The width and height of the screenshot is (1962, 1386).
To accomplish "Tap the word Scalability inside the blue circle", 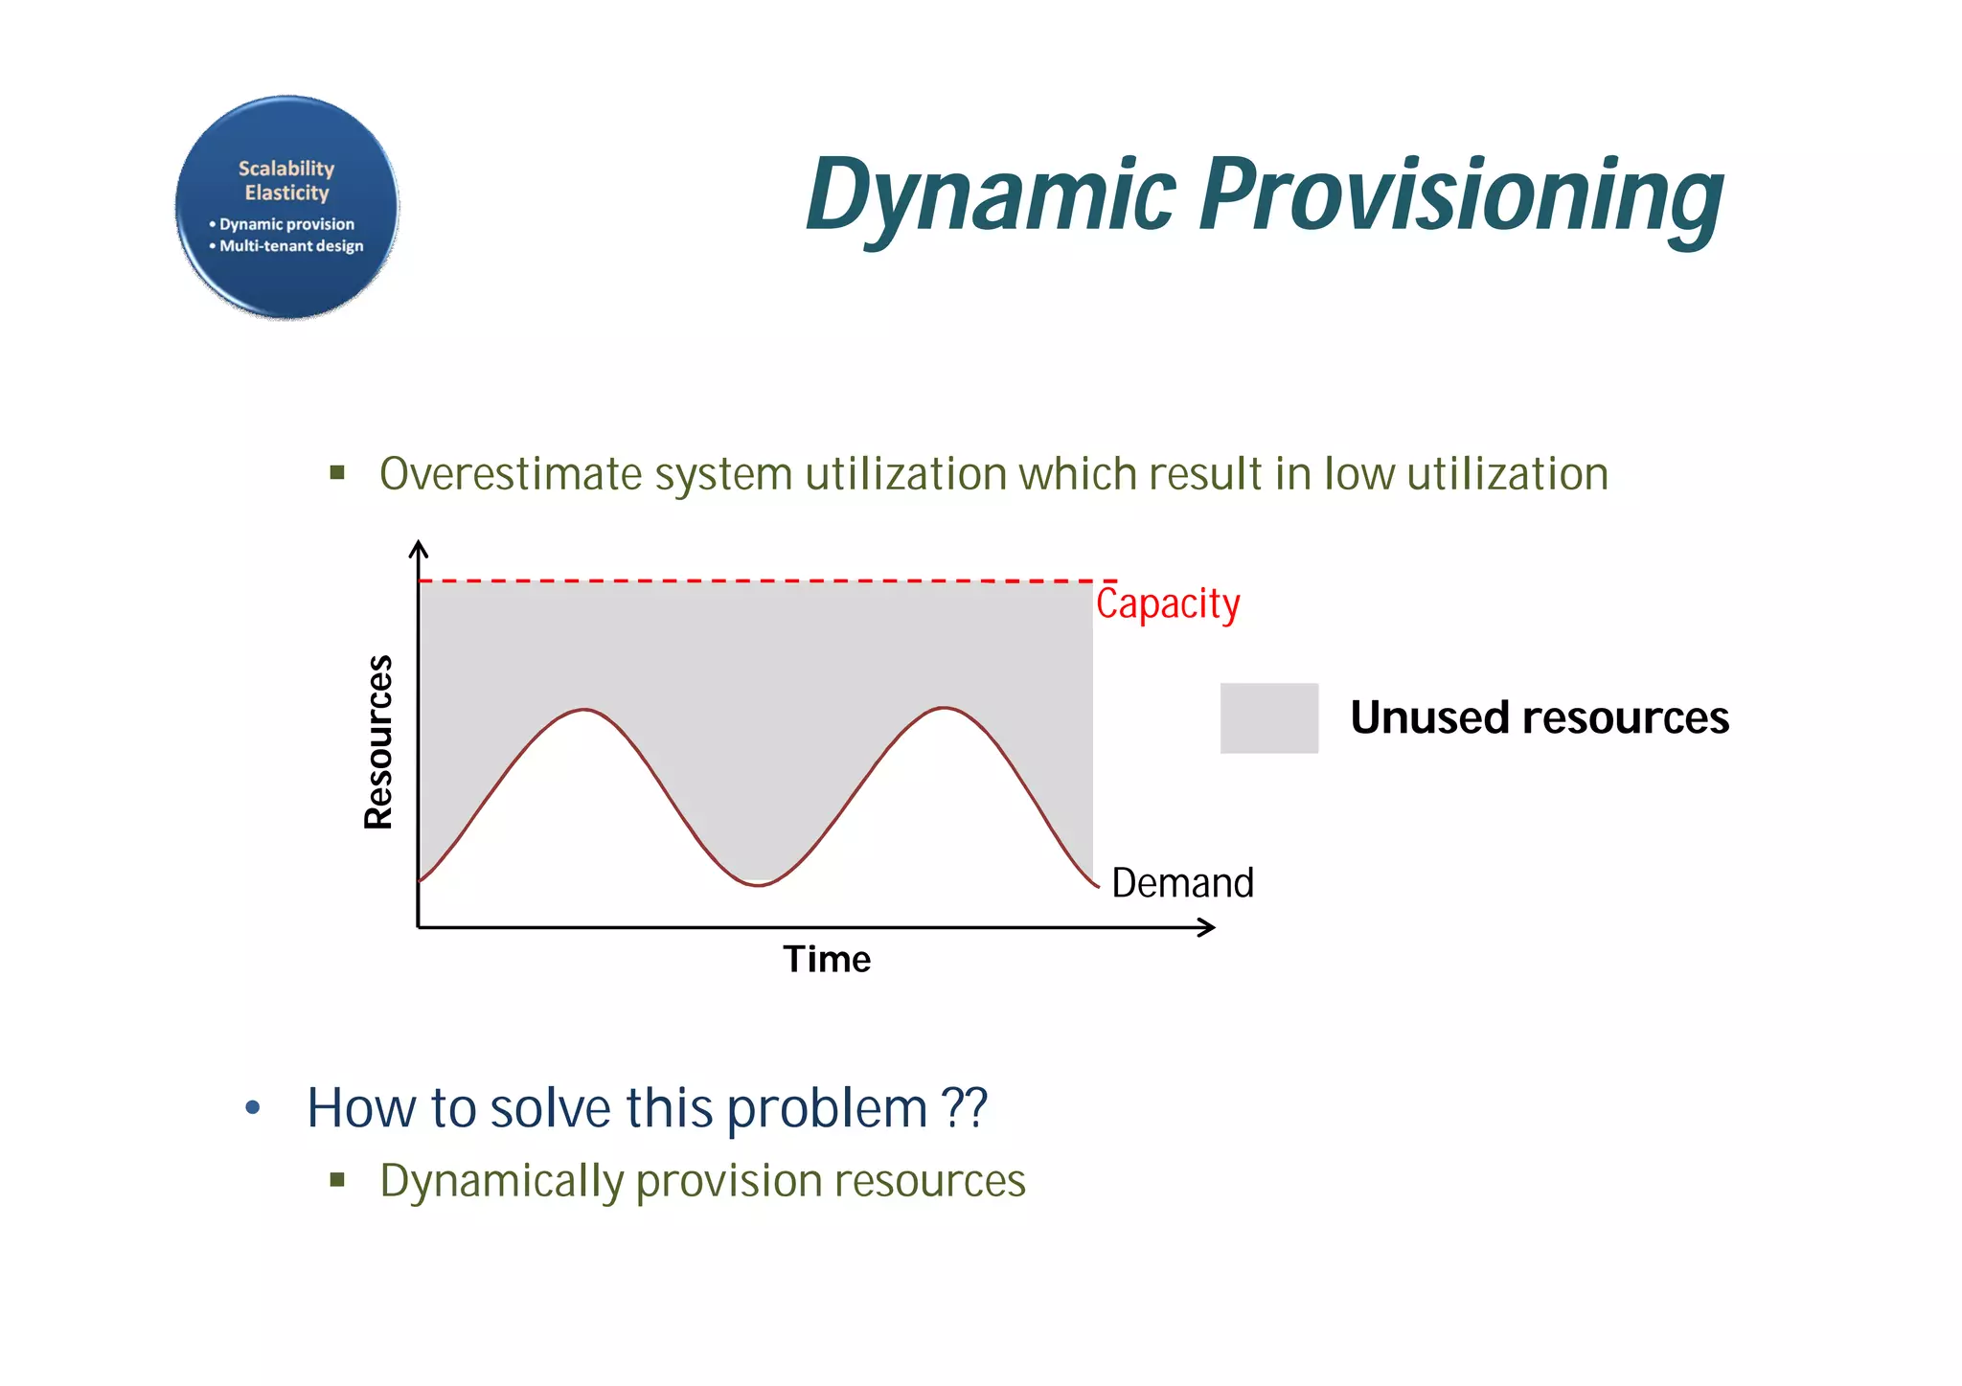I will [x=286, y=169].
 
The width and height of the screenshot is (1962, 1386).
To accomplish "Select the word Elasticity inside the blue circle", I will [x=286, y=193].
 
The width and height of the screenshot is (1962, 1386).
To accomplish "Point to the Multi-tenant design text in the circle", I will [x=291, y=246].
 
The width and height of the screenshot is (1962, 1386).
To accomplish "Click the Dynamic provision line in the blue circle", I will [x=286, y=224].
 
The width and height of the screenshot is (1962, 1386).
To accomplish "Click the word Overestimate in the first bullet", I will [x=510, y=474].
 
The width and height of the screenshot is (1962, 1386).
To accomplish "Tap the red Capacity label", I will [x=1167, y=604].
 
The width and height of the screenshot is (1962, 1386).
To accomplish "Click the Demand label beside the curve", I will [x=1182, y=882].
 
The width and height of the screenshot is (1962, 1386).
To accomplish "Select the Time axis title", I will [x=827, y=959].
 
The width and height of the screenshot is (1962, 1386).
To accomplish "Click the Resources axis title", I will [x=379, y=741].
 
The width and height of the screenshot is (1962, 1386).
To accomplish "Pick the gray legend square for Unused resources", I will [x=1268, y=717].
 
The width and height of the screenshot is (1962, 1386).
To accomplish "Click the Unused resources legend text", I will [x=1539, y=717].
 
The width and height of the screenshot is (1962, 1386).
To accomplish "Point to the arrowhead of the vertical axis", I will [x=418, y=547].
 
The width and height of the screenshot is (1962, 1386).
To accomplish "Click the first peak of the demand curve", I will [x=584, y=710].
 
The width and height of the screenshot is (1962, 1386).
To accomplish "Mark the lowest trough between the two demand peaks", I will [x=758, y=885].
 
